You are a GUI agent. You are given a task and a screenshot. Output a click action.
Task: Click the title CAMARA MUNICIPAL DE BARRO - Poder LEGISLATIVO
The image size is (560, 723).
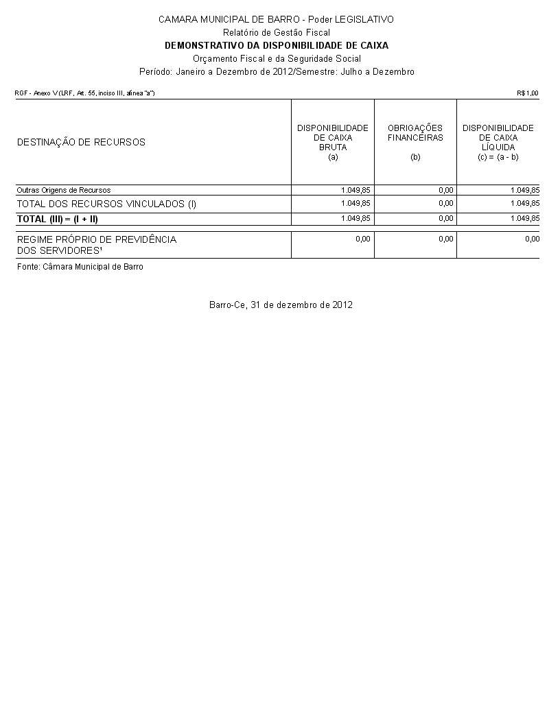tap(276, 19)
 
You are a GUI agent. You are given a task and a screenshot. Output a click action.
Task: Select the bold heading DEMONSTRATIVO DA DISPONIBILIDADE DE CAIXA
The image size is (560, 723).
tap(276, 45)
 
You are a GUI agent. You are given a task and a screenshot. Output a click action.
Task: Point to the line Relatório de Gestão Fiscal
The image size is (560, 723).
tap(276, 32)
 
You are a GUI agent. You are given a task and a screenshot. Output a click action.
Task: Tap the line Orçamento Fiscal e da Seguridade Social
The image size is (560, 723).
tap(276, 58)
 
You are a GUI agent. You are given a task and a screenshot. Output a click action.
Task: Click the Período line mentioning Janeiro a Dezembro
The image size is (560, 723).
tap(276, 71)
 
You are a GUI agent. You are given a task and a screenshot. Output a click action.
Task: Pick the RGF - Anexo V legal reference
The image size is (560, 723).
tap(85, 93)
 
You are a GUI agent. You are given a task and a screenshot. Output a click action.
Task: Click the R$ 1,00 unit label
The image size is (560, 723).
tap(528, 93)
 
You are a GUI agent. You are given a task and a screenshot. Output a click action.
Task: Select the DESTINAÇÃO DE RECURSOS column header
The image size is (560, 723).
tap(81, 143)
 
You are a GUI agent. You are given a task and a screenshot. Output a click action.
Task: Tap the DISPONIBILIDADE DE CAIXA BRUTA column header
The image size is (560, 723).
tap(333, 142)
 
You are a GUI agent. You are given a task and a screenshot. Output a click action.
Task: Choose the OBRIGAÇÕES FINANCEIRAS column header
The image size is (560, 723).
tap(415, 137)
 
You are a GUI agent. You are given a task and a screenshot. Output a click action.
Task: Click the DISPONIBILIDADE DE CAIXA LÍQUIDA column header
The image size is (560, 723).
tap(498, 142)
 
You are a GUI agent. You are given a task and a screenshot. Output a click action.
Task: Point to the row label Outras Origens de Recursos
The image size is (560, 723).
tap(64, 190)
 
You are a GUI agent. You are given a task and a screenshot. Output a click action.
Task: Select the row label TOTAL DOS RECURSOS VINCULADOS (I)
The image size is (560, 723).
tap(106, 204)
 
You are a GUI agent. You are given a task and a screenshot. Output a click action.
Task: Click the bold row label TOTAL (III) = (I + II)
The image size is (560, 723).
tap(58, 219)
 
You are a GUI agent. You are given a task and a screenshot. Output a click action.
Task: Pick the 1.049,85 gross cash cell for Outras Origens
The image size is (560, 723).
tap(355, 190)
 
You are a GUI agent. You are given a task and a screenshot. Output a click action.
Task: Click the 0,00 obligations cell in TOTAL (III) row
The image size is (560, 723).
tap(445, 218)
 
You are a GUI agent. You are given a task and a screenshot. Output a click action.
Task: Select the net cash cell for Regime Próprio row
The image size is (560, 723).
tap(532, 239)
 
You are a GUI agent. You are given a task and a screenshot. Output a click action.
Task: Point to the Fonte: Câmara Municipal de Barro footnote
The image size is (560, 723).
tap(80, 266)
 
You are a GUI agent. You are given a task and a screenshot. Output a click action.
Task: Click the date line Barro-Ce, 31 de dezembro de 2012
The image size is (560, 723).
tap(281, 305)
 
